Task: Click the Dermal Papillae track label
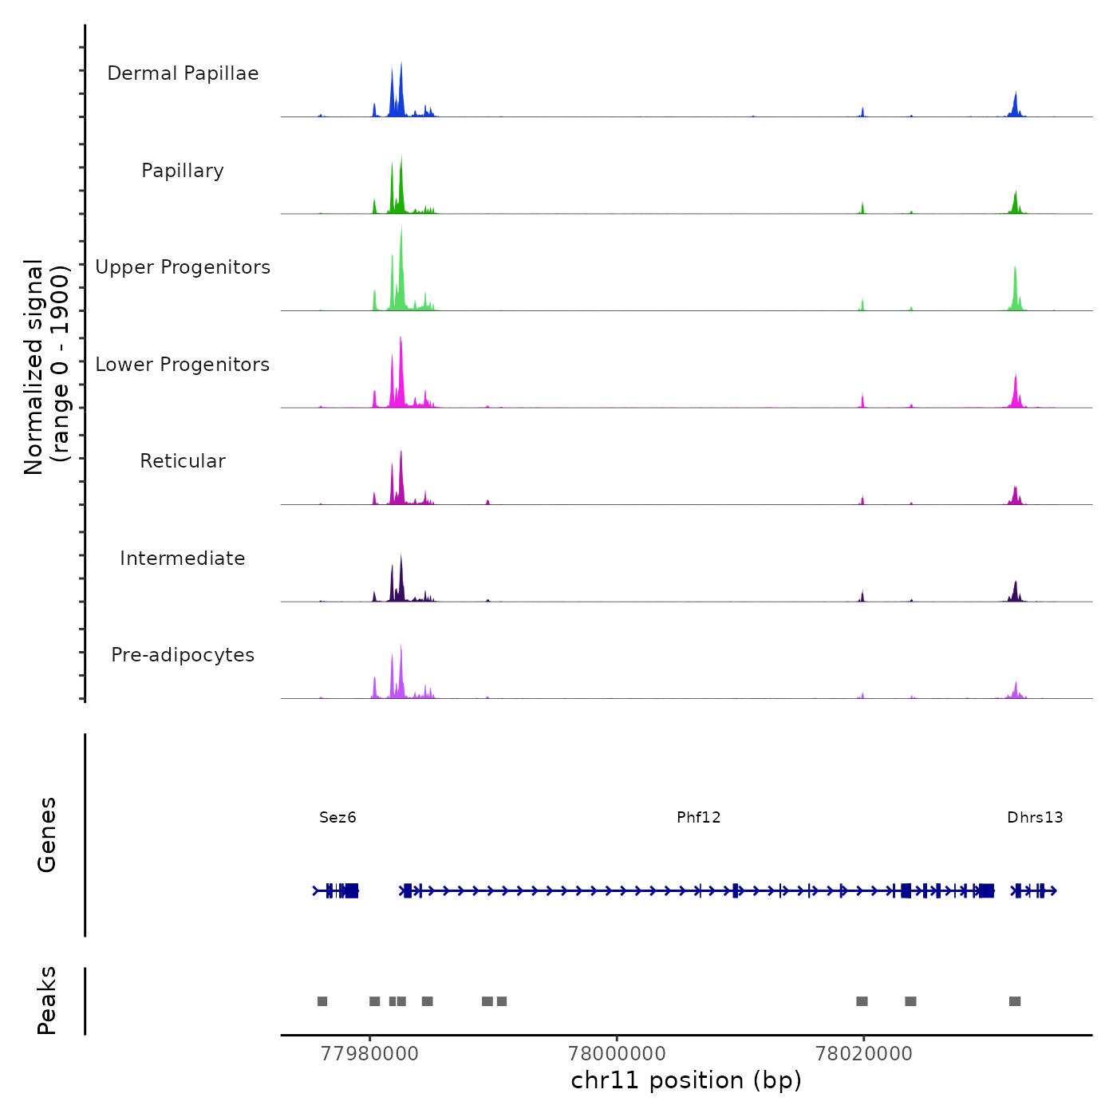tap(183, 73)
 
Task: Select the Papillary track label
tap(183, 171)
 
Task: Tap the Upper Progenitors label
tap(183, 267)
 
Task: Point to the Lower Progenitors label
tap(183, 365)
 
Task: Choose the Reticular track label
tap(183, 461)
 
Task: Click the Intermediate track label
tap(183, 558)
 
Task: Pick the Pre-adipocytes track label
tap(183, 655)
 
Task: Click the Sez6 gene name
tap(337, 817)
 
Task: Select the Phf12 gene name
tap(698, 817)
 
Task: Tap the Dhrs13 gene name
tap(1035, 817)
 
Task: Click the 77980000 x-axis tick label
tap(369, 1053)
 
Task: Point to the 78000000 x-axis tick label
tap(617, 1053)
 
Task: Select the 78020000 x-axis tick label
tap(863, 1053)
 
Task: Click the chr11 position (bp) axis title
tap(686, 1080)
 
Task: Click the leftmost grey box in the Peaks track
tap(322, 1001)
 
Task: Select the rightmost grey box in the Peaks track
tap(1015, 1001)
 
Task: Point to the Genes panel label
tap(47, 835)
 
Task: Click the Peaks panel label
tap(47, 1001)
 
